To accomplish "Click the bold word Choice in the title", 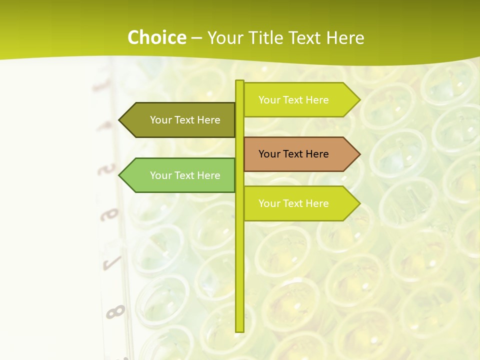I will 156,37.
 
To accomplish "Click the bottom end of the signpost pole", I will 240,330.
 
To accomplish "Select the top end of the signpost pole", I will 240,82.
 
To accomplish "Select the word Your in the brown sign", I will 269,154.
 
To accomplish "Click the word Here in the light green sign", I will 208,175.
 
